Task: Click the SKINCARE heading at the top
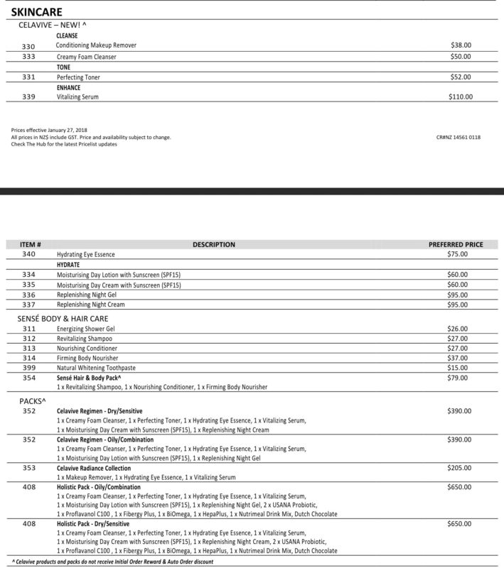(36, 12)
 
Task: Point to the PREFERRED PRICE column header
(456, 245)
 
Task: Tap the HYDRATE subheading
(69, 263)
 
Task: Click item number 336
(28, 294)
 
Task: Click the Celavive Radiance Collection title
(94, 469)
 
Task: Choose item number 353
(28, 469)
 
